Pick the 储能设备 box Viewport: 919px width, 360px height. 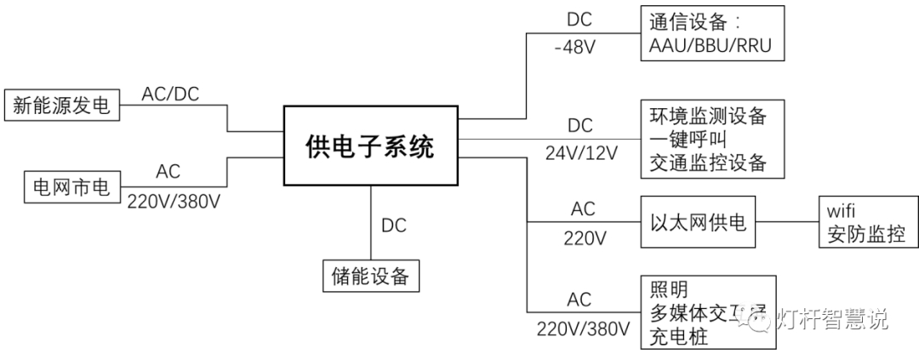[371, 276]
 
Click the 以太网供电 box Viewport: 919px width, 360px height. [698, 223]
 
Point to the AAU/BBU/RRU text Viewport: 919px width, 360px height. [709, 46]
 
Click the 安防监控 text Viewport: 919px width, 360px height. [861, 236]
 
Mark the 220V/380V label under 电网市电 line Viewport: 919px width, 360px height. [174, 201]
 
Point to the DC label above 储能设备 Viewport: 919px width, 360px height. [393, 226]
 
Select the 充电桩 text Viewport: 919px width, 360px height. [679, 337]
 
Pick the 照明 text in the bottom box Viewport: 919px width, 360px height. [668, 289]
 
